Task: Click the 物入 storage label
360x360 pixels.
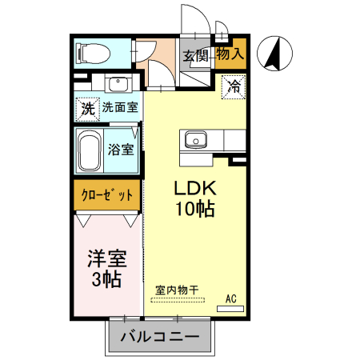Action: click(230, 54)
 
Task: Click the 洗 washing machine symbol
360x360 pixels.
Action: click(86, 107)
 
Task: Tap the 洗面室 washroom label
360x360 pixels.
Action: click(120, 107)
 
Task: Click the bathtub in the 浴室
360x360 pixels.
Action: click(89, 150)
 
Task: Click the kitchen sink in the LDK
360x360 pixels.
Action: click(195, 140)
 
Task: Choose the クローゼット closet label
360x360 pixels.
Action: click(106, 195)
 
